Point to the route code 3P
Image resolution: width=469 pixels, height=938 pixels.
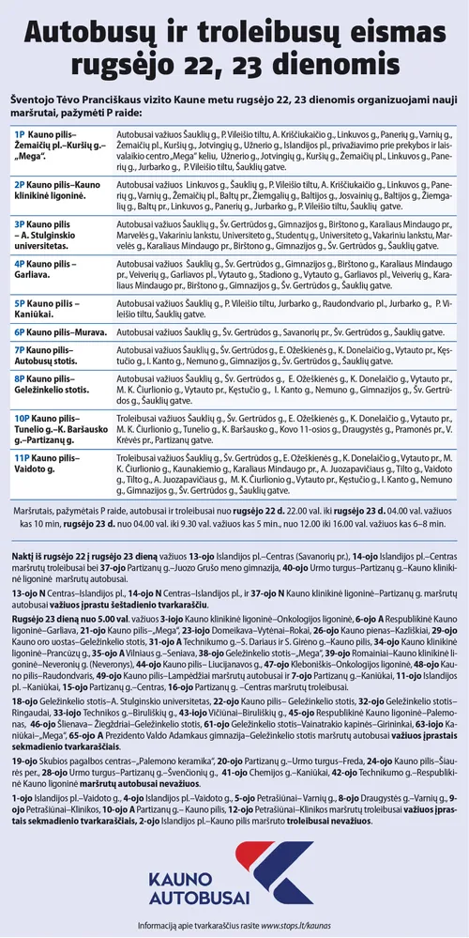click(20, 225)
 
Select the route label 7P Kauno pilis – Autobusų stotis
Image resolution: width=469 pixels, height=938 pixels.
click(52, 355)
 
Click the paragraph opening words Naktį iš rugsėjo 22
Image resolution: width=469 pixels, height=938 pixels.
click(57, 557)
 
